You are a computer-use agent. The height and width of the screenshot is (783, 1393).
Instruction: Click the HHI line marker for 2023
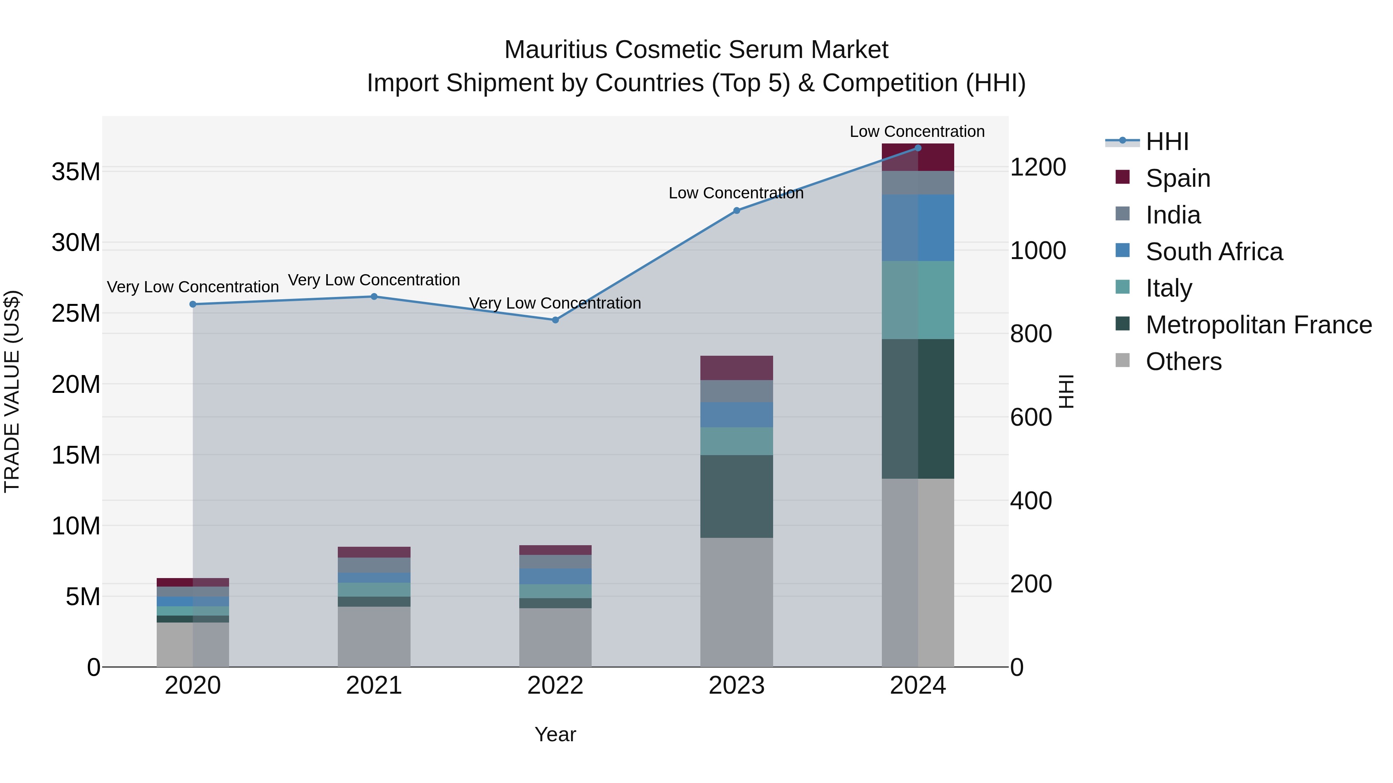point(736,210)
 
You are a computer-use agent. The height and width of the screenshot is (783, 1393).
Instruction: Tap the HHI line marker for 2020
point(193,304)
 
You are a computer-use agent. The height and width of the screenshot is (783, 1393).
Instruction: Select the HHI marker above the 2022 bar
point(555,320)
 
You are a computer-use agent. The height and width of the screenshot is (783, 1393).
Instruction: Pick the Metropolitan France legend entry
point(1258,325)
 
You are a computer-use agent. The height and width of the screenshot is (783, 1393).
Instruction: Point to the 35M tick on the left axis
point(76,172)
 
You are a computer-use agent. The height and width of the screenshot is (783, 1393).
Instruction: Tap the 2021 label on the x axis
point(374,686)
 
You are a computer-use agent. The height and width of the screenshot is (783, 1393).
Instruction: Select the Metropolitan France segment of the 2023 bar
point(736,496)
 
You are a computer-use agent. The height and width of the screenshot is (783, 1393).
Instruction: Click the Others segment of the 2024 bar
point(918,572)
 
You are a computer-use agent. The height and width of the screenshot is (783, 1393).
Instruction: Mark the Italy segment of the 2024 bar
point(918,300)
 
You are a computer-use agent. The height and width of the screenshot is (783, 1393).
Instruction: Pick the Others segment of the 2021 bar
point(374,636)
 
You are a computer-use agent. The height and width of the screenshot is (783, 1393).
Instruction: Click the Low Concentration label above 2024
point(917,131)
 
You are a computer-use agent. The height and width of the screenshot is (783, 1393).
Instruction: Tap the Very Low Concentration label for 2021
point(374,280)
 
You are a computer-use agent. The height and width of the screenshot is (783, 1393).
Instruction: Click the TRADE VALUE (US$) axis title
point(12,391)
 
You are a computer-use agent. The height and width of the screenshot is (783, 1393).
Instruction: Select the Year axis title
point(555,734)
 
